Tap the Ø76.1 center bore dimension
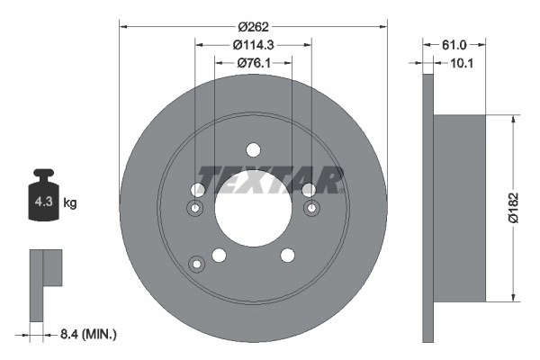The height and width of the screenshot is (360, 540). point(253,63)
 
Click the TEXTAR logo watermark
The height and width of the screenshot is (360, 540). point(270,179)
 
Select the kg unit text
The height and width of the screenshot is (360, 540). point(69,203)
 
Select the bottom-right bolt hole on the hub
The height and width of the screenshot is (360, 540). point(287,256)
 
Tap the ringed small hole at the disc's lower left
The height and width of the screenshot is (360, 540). point(195,263)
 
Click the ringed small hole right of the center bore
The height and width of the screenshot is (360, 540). point(311,209)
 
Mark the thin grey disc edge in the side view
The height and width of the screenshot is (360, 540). point(427,207)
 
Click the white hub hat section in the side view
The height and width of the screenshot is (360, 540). point(459,207)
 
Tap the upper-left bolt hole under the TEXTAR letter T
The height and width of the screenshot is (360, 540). point(198,189)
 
